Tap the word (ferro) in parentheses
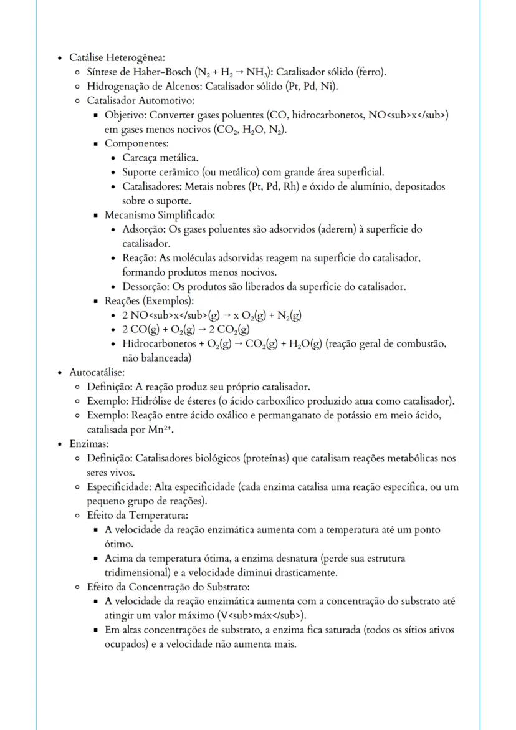click(x=370, y=72)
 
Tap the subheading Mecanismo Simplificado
click(x=159, y=215)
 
